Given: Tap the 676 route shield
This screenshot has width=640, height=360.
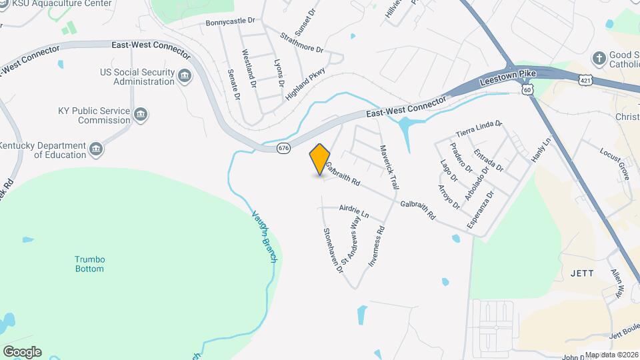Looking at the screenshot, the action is (x=283, y=148).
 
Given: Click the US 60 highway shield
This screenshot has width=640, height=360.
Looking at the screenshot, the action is (x=528, y=89).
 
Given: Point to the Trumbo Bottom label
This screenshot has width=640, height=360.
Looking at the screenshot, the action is (x=89, y=264).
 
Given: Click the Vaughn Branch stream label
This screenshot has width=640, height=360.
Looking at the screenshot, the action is (x=264, y=236).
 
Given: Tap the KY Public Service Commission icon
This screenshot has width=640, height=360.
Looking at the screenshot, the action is (x=141, y=115).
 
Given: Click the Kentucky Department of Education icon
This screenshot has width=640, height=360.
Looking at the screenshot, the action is (x=97, y=150).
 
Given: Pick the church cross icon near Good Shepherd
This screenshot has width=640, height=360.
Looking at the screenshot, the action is (x=599, y=58).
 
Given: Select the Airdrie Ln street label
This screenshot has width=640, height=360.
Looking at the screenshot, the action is (x=354, y=210).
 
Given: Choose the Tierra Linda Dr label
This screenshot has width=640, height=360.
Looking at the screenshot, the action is (x=479, y=128).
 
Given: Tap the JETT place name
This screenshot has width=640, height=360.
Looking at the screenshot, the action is (x=577, y=273).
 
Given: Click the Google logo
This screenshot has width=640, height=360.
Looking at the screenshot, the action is (x=22, y=351).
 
